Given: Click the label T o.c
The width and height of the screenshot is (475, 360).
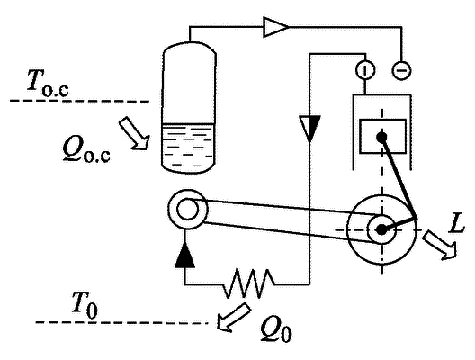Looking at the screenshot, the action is point(48,83).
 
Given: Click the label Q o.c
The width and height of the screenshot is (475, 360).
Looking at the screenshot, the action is point(86,150).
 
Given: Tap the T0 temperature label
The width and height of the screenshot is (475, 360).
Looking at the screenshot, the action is point(85,305).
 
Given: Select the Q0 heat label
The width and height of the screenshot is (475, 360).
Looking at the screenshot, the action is point(276,329).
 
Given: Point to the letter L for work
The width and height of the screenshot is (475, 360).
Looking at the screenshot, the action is point(457,224).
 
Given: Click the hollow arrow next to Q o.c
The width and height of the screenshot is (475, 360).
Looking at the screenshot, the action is point(135,133).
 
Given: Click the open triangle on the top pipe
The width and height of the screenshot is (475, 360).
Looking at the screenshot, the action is point(275,27).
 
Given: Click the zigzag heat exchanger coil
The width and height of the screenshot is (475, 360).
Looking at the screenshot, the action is point(249,283).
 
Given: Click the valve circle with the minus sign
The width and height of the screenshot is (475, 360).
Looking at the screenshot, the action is point(402,70).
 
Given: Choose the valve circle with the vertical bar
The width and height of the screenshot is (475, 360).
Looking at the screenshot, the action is point(364,69).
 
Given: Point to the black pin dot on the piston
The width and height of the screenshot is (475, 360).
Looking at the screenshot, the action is point(381,138).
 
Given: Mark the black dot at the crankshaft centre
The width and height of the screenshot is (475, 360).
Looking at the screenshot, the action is point(381,230).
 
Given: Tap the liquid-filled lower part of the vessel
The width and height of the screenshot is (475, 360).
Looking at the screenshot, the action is point(188,148).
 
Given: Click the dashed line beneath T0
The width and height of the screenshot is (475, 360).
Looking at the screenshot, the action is point(121,322).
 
